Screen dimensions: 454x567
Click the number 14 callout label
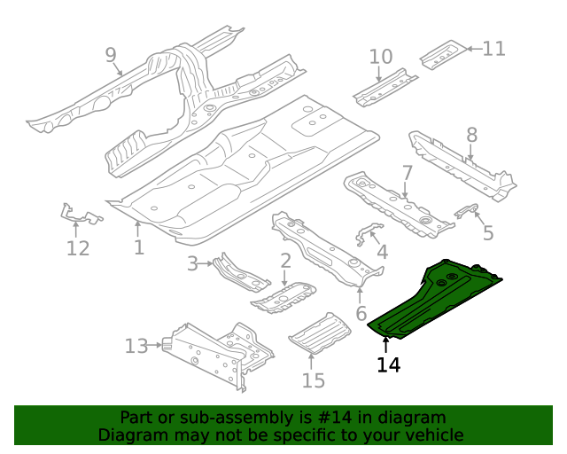click(x=388, y=364)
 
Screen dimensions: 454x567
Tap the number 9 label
click(x=111, y=56)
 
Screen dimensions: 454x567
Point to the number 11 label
click(x=493, y=48)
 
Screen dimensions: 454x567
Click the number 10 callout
click(x=380, y=58)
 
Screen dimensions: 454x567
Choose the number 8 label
click(x=471, y=135)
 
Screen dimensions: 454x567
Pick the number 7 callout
click(x=407, y=172)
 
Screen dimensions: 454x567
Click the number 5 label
click(x=488, y=233)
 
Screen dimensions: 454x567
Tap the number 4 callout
click(x=382, y=253)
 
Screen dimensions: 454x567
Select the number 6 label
click(x=361, y=313)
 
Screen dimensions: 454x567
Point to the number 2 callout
click(x=285, y=260)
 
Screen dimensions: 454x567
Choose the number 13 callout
click(x=136, y=346)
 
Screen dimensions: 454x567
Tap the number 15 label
click(x=314, y=380)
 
